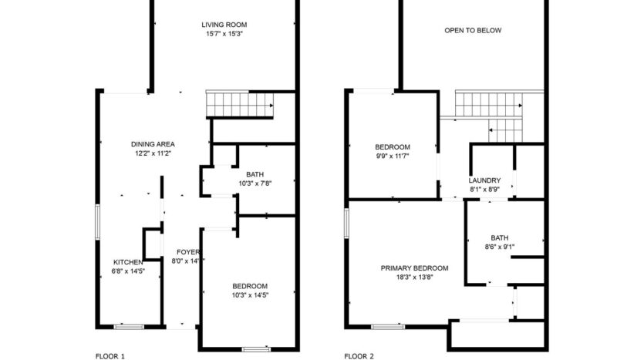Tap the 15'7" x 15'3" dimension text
click(224, 34)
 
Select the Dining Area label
click(153, 144)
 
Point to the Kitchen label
click(128, 262)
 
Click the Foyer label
click(188, 252)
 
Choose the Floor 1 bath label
click(255, 173)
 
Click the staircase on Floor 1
click(240, 103)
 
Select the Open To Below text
click(473, 31)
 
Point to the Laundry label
click(484, 180)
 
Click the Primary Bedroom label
click(414, 268)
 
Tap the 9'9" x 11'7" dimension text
click(392, 156)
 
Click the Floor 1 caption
click(110, 356)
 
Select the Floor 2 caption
click(359, 356)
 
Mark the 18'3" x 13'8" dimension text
click(414, 278)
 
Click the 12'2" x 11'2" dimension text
click(153, 153)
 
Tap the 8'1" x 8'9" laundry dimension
click(484, 189)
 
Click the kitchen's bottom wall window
click(129, 327)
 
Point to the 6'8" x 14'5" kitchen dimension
click(128, 271)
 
